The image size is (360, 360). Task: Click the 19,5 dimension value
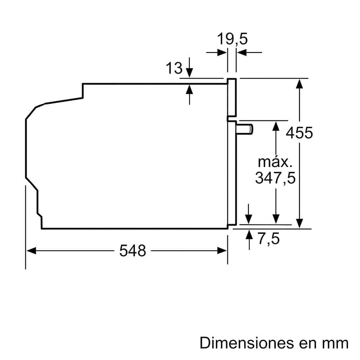point(232,39)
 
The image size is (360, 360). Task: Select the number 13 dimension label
point(174,68)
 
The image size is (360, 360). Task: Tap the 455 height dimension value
point(299,133)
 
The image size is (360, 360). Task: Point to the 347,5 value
point(275,178)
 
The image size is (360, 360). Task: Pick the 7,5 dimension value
point(269,239)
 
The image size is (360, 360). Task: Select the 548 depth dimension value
point(132,251)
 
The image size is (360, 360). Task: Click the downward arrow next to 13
point(190,69)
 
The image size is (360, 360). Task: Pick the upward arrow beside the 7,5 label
point(249,236)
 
